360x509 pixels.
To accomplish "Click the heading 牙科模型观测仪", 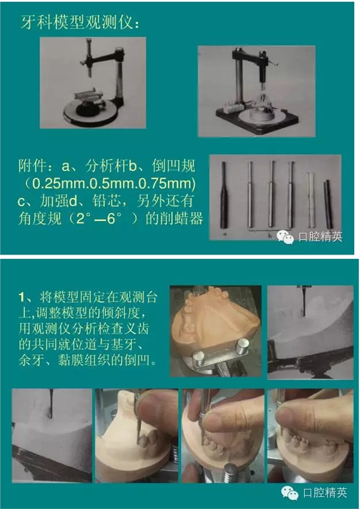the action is (x=76, y=22).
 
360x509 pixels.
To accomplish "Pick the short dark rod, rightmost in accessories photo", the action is (x=328, y=204).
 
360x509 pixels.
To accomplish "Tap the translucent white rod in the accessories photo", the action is (x=310, y=200).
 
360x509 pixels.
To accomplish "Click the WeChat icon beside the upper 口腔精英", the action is (x=285, y=237).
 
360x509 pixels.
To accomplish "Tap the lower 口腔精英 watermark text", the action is (x=325, y=492).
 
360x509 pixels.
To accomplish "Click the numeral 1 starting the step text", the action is (x=22, y=297).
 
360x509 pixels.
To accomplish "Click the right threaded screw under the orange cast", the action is (x=242, y=346).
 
